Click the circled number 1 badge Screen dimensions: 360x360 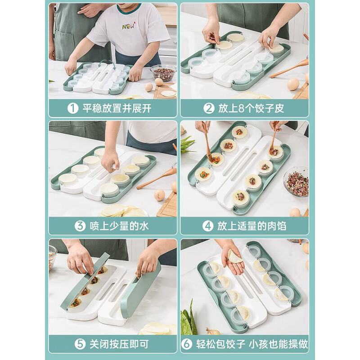(72, 109)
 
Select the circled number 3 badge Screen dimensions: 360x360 (80, 225)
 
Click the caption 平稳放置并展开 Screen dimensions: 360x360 (117, 109)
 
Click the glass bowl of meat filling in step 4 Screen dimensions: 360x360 (297, 181)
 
